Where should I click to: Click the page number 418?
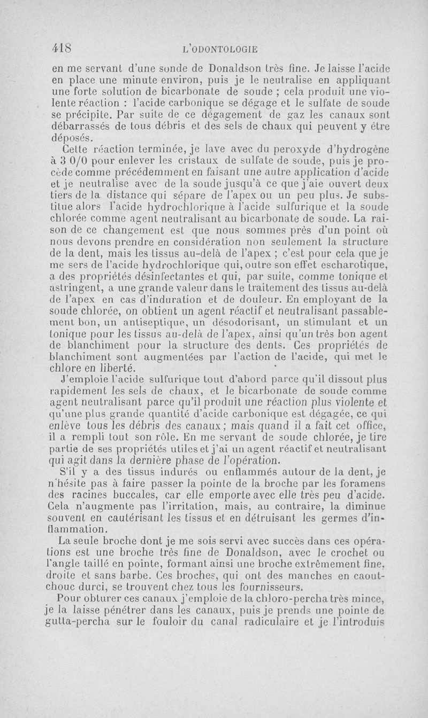63,48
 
